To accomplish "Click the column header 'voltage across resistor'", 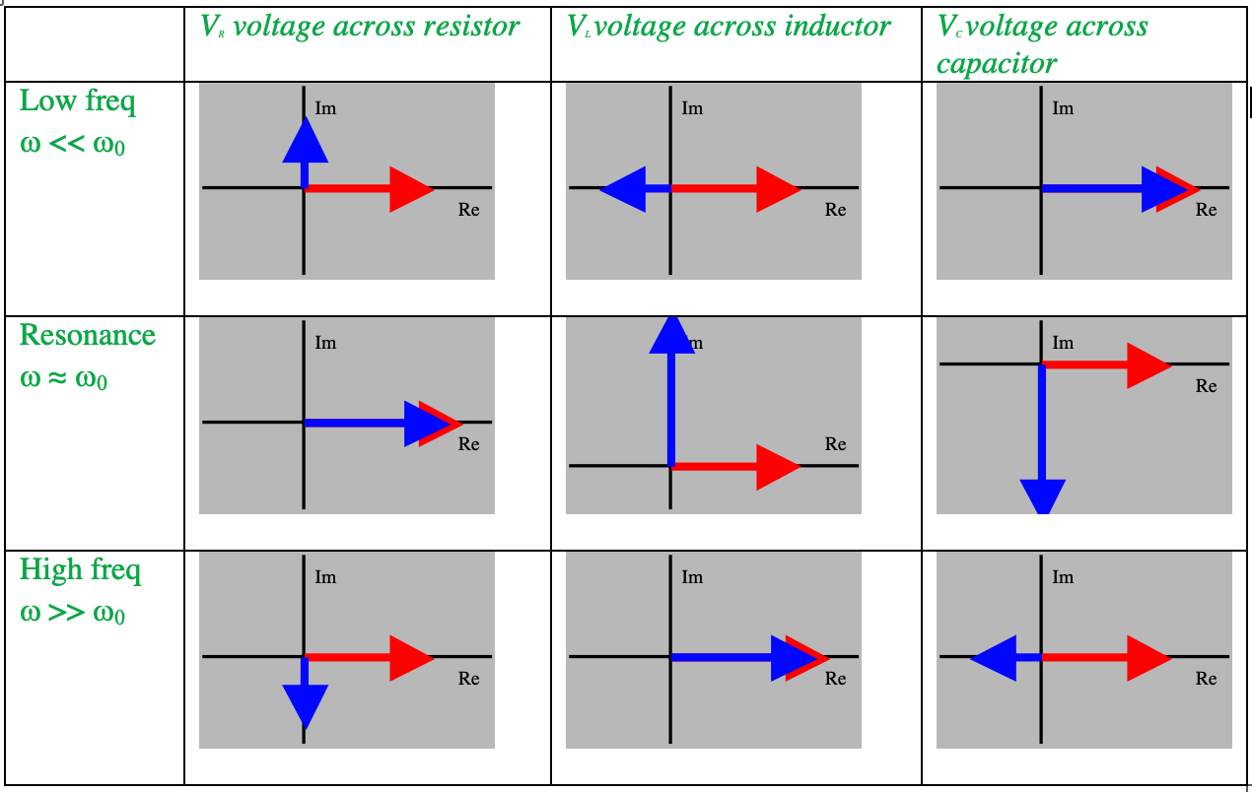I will click(x=361, y=27).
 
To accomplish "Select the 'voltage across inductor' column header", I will click(x=730, y=27).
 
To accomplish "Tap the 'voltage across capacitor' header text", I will click(x=1042, y=44).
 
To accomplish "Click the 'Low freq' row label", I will click(x=78, y=101).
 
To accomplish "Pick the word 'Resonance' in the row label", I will click(x=88, y=335).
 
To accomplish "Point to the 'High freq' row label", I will click(x=80, y=570).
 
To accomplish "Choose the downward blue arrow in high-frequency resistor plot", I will click(x=305, y=699).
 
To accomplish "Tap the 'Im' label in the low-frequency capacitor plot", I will click(x=1063, y=108).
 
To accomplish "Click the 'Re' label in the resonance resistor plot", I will click(x=469, y=444).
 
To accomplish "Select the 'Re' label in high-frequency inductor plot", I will click(x=836, y=679).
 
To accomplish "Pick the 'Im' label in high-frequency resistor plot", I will click(x=325, y=577).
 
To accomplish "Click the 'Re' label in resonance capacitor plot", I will click(x=1207, y=386).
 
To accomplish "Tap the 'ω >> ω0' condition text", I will click(x=72, y=613).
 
